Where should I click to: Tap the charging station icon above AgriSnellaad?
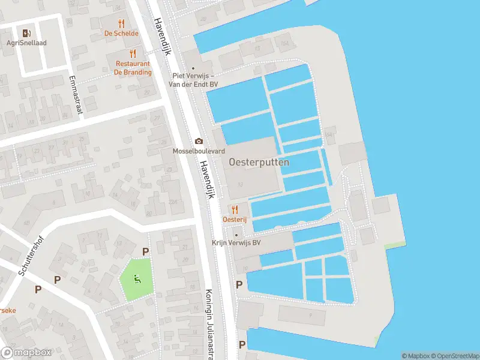tap(26, 33)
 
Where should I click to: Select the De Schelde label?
tap(121, 34)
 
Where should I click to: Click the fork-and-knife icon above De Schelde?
tap(121, 23)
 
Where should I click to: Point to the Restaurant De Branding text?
tap(133, 68)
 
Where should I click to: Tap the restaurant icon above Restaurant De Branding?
tap(133, 54)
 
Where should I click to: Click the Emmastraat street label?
tap(75, 94)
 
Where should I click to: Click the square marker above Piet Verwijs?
tap(193, 69)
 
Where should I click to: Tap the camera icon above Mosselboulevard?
tap(199, 142)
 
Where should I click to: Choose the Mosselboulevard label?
tap(199, 151)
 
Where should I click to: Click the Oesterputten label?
tap(259, 162)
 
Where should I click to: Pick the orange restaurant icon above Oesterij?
tap(235, 209)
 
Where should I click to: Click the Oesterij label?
tap(235, 220)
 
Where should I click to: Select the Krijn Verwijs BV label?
tap(236, 243)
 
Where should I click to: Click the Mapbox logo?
tap(26, 353)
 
